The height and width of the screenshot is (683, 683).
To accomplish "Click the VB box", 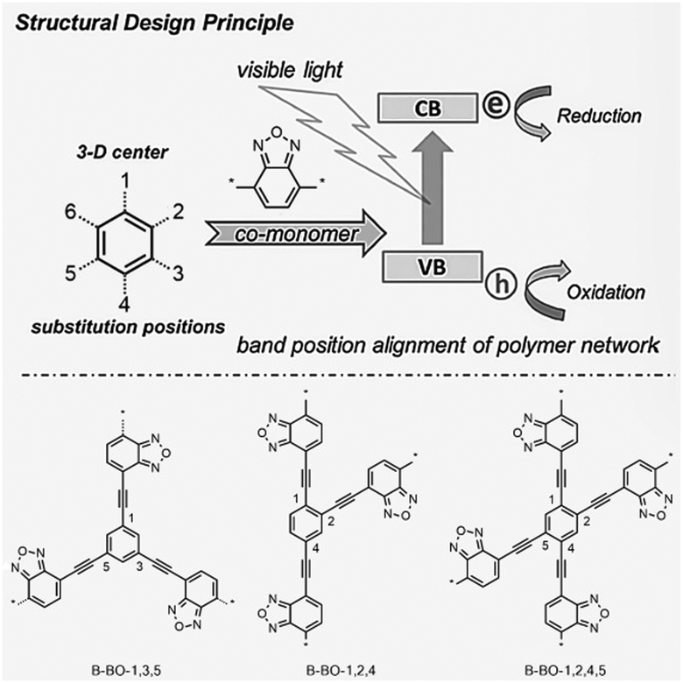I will pyautogui.click(x=431, y=264).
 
